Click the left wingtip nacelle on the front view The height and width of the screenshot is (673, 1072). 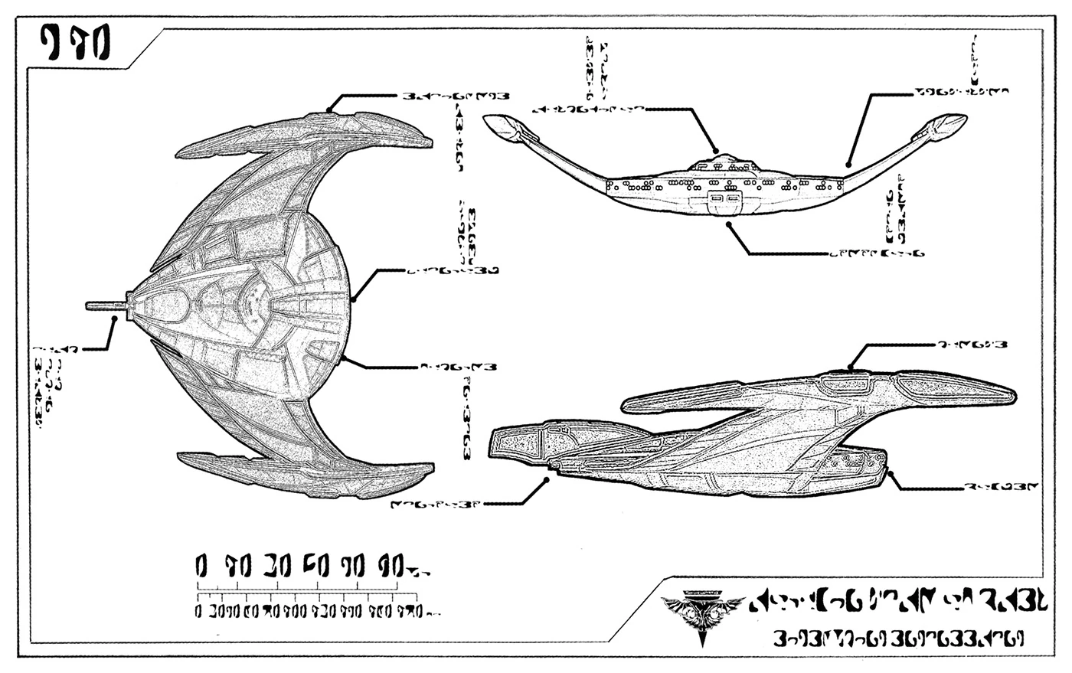pyautogui.click(x=505, y=127)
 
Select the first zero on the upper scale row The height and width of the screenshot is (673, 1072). pyautogui.click(x=201, y=567)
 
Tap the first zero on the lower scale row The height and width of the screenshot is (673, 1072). pyautogui.click(x=198, y=612)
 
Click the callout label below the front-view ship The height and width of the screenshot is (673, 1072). pyautogui.click(x=877, y=252)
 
